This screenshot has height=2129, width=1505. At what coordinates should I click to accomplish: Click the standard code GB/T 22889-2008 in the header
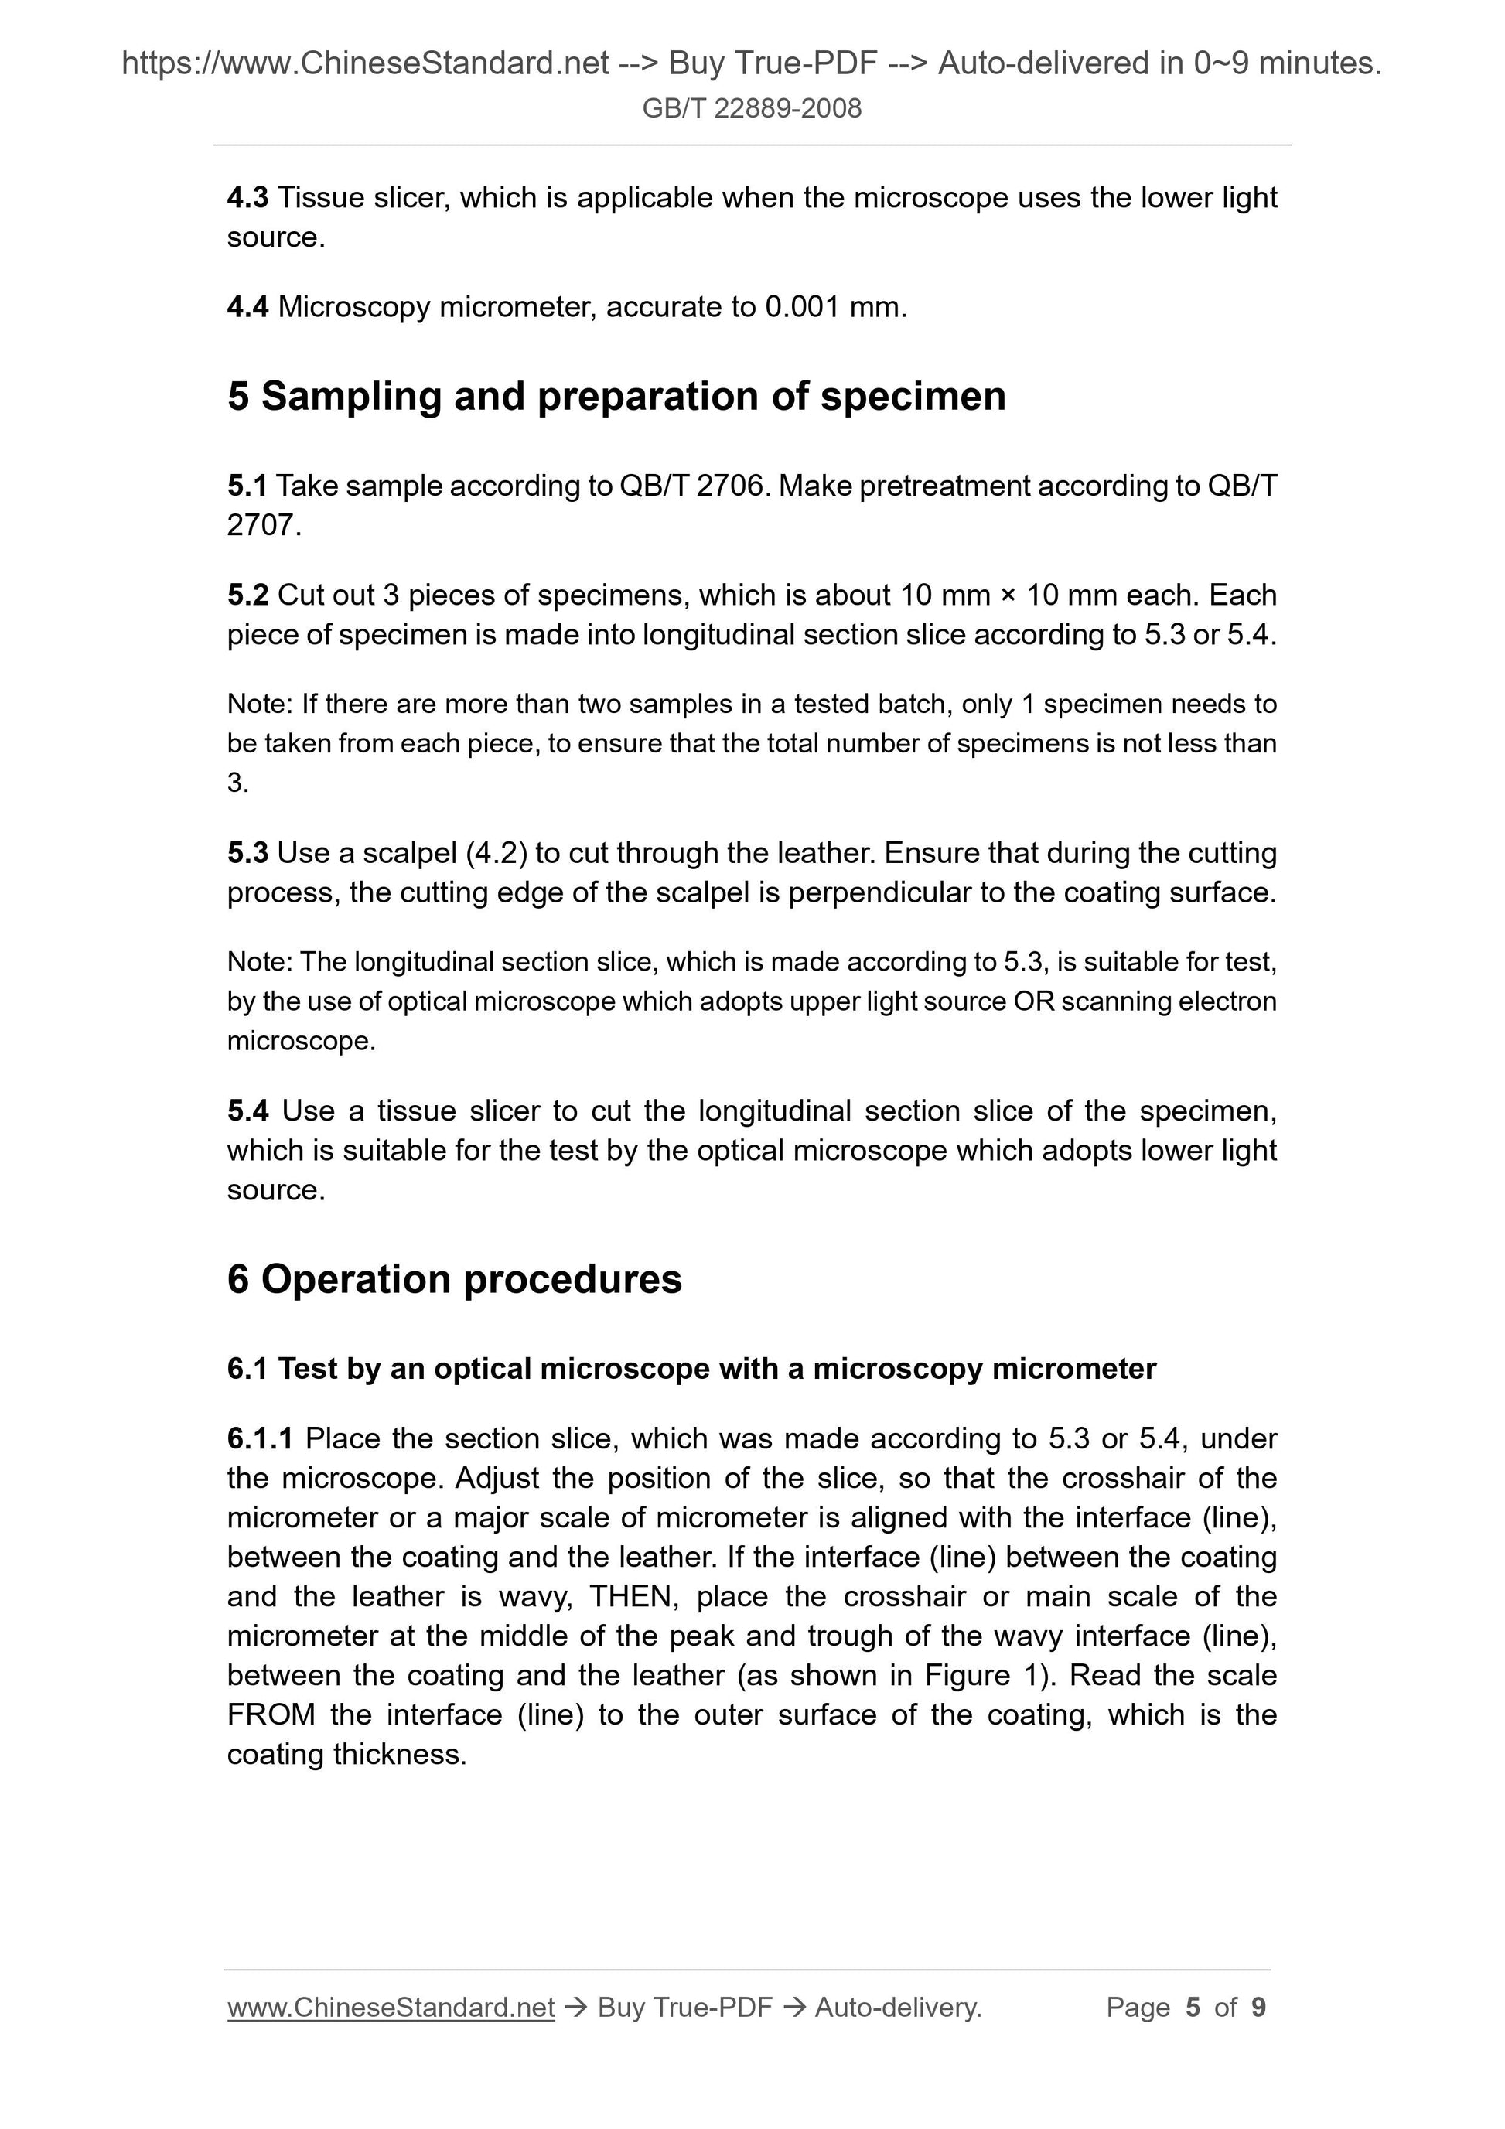click(751, 108)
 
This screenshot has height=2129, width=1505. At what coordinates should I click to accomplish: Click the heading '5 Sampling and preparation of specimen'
click(616, 397)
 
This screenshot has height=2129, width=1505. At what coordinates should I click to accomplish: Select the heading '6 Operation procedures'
click(455, 1280)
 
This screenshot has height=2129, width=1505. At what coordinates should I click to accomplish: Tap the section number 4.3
click(247, 197)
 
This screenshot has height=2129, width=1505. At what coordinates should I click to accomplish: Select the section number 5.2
click(247, 595)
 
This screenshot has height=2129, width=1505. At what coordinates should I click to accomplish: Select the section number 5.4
click(247, 1111)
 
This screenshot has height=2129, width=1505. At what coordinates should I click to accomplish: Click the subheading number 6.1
click(247, 1370)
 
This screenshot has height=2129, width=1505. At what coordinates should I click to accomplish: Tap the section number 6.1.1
click(260, 1439)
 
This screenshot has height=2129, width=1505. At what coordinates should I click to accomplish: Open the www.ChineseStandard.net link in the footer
click(391, 2008)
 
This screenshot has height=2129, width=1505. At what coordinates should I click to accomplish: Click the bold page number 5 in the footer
click(1193, 2008)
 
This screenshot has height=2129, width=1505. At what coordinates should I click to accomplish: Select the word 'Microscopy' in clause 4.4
click(354, 307)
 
